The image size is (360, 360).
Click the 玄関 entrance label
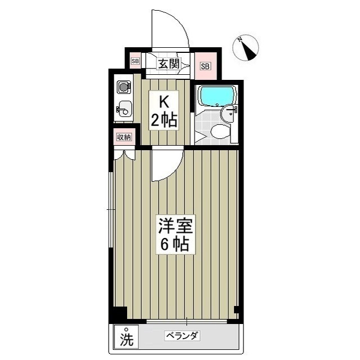point(168,64)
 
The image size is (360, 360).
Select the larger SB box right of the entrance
point(205,66)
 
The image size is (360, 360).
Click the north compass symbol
point(245,48)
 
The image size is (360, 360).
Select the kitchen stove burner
point(123,87)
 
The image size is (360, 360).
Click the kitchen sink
point(125,109)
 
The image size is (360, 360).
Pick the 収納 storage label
point(124,137)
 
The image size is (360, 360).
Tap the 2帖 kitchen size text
point(163,119)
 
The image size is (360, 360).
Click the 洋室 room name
point(175,226)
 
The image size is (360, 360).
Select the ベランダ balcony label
point(182,336)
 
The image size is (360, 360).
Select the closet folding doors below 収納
point(124,154)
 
